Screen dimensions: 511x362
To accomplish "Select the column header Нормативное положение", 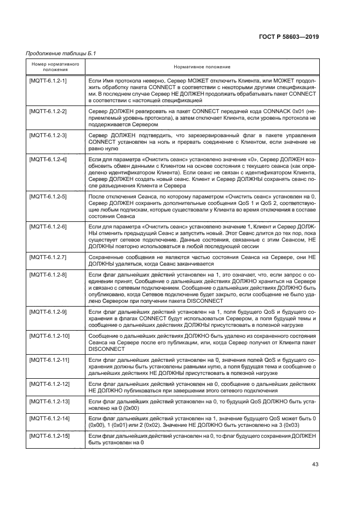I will click(x=202, y=66).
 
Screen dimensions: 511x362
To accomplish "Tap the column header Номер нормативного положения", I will click(x=53, y=66).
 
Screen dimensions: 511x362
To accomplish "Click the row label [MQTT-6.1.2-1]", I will click(x=47, y=81).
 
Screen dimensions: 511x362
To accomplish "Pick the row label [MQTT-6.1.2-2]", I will click(x=47, y=111).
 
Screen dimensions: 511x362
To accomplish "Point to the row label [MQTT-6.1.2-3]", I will click(x=47, y=135).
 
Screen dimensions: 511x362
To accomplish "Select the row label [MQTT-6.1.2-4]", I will click(x=47, y=159).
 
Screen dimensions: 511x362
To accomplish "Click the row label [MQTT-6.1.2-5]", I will click(x=47, y=196).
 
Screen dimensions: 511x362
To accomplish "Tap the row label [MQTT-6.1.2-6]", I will click(x=47, y=226).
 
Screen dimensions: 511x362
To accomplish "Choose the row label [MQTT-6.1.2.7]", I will click(x=47, y=256).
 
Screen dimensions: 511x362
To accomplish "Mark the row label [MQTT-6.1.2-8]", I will click(x=47, y=273).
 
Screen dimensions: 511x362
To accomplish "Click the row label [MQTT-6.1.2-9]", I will click(x=47, y=311).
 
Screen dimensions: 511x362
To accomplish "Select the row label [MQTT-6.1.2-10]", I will click(x=49, y=334).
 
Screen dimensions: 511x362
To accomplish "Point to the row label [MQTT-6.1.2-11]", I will click(x=49, y=361).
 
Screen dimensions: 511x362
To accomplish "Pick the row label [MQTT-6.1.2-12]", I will click(x=49, y=385).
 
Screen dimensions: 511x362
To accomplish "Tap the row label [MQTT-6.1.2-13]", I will click(x=49, y=402).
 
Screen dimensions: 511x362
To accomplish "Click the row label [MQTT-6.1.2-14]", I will click(x=49, y=418).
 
